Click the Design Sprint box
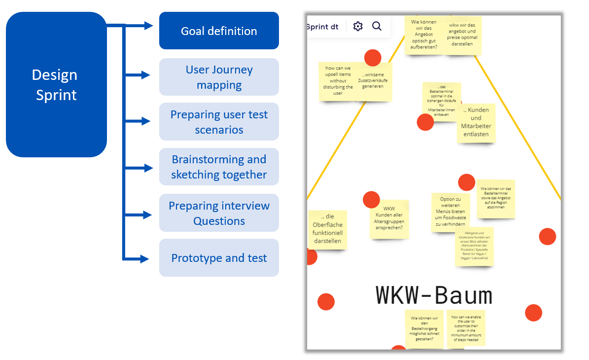click(56, 84)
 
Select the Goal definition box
click(219, 31)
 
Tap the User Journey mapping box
click(219, 77)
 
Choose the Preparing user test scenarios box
click(219, 122)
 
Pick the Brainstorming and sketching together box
click(219, 167)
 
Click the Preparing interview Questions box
click(219, 213)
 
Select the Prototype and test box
click(219, 258)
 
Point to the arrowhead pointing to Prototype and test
click(145, 258)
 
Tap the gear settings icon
click(358, 27)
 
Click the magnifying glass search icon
click(377, 27)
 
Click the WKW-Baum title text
click(434, 295)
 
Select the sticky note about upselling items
click(338, 82)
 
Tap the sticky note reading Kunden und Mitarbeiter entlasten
click(476, 122)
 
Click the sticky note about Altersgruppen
click(389, 218)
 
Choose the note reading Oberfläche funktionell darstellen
click(327, 229)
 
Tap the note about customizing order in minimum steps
click(466, 327)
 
